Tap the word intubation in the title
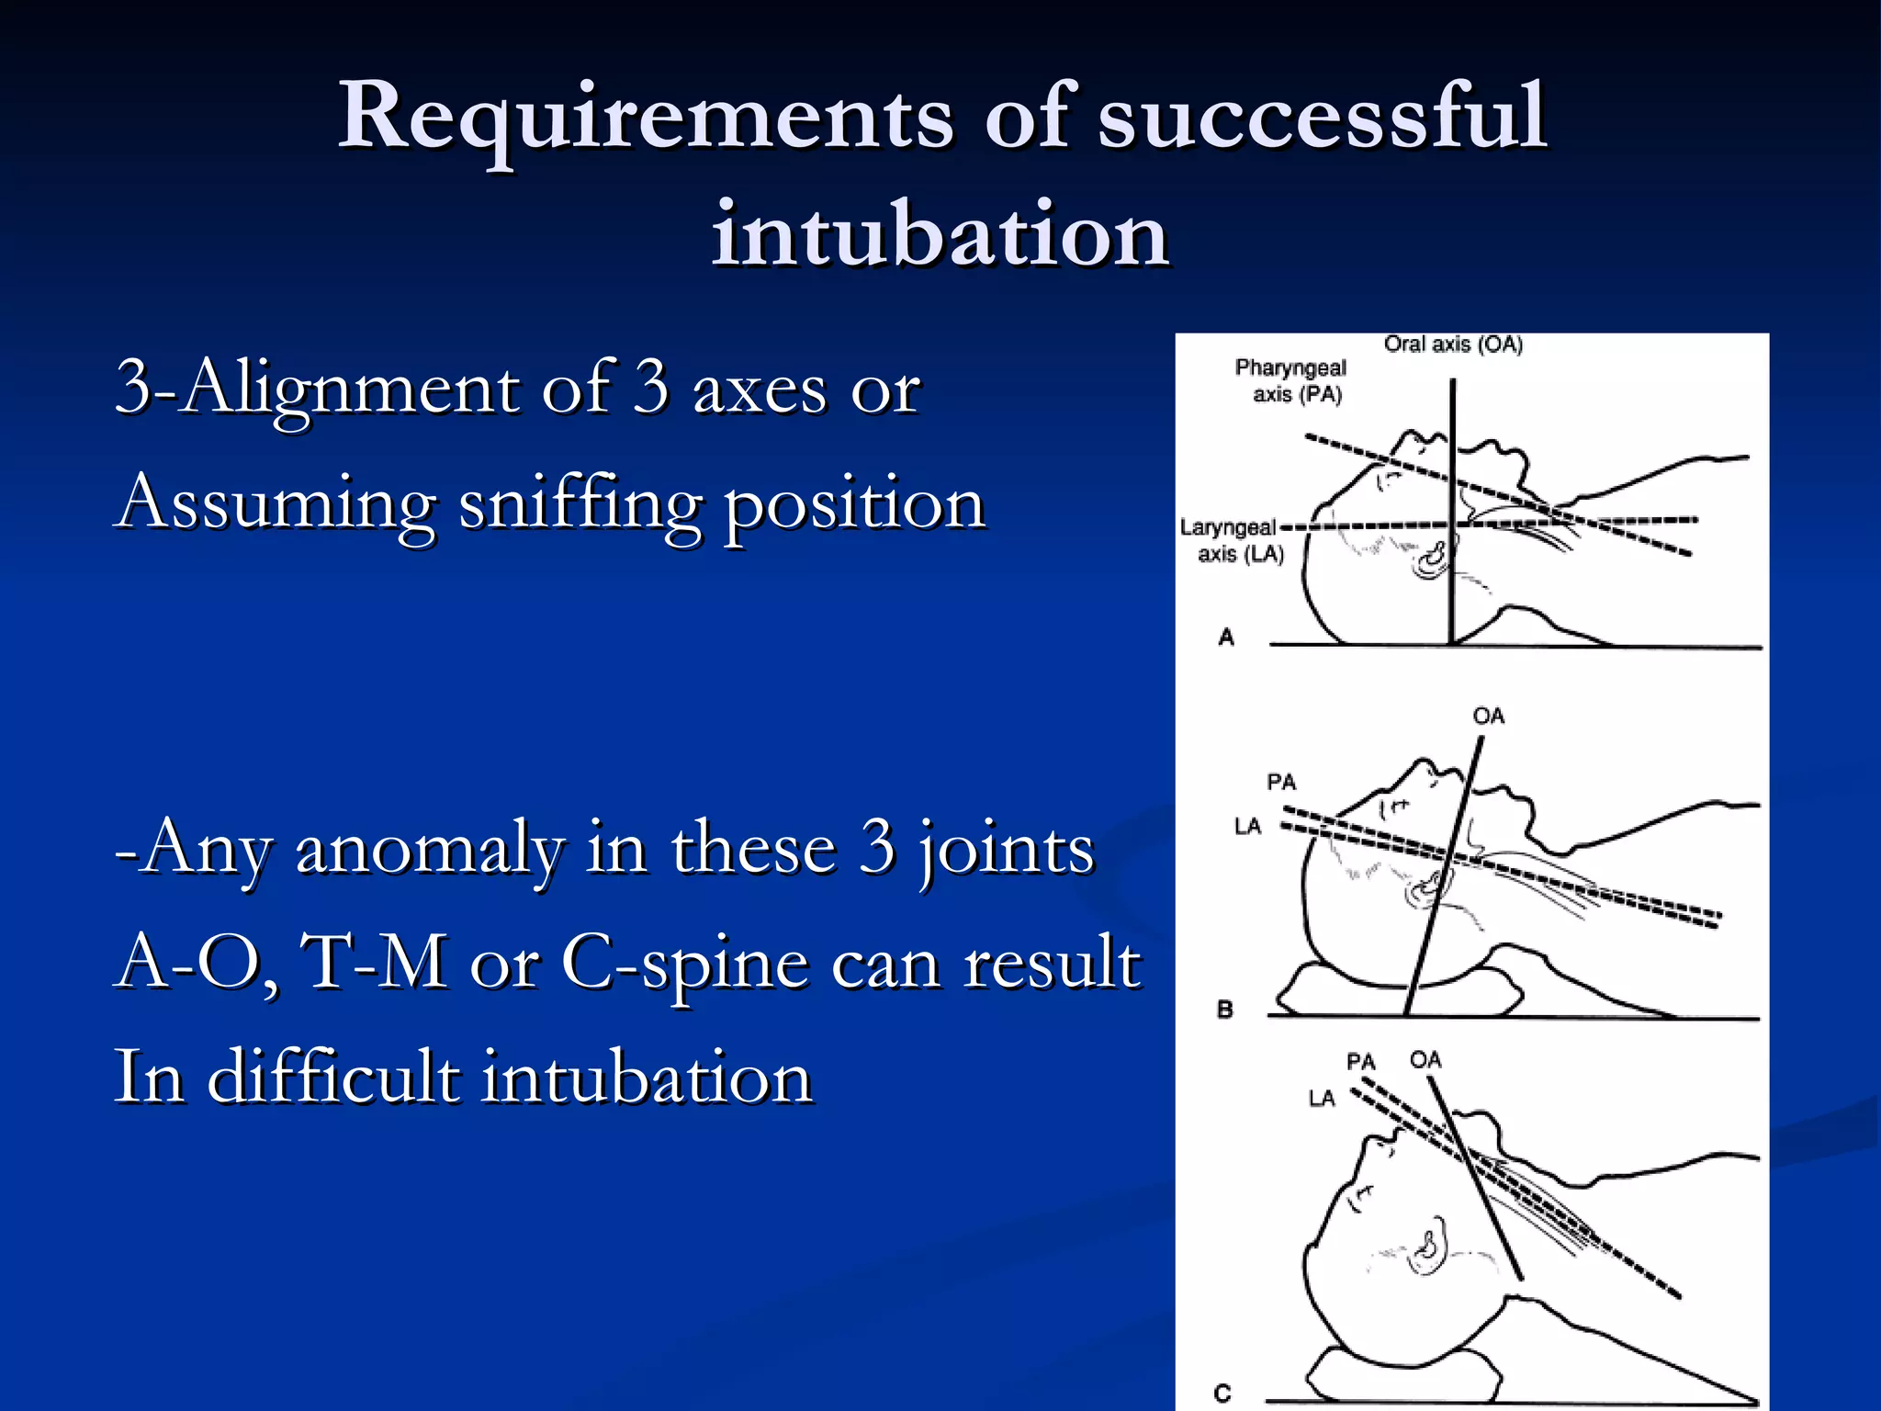(940, 234)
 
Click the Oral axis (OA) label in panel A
(1453, 344)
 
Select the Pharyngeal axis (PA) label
(1291, 380)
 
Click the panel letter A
(1226, 637)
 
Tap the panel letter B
(1225, 1010)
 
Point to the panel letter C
(1222, 1394)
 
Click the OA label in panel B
(1489, 716)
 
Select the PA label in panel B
(1281, 782)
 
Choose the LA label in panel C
(1322, 1098)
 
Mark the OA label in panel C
(1425, 1060)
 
